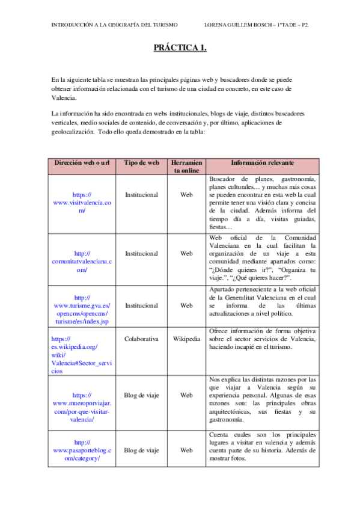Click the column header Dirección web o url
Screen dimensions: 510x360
[82, 163]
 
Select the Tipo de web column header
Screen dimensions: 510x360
[141, 163]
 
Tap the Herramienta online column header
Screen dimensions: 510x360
[186, 167]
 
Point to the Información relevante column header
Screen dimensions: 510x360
[262, 163]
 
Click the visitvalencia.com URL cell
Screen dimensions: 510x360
[82, 203]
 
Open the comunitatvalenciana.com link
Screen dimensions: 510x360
[82, 262]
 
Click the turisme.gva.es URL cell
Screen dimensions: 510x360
[82, 310]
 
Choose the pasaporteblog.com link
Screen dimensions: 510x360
[82, 450]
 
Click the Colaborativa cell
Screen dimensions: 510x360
[141, 339]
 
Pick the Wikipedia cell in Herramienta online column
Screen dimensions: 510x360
[186, 339]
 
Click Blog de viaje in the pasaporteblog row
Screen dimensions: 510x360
[141, 450]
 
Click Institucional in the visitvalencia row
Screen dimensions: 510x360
[141, 195]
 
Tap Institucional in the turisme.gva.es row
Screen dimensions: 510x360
[141, 306]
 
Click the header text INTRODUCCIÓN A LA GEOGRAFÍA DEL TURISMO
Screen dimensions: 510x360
[114, 25]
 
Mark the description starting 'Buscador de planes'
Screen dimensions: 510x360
[262, 203]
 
